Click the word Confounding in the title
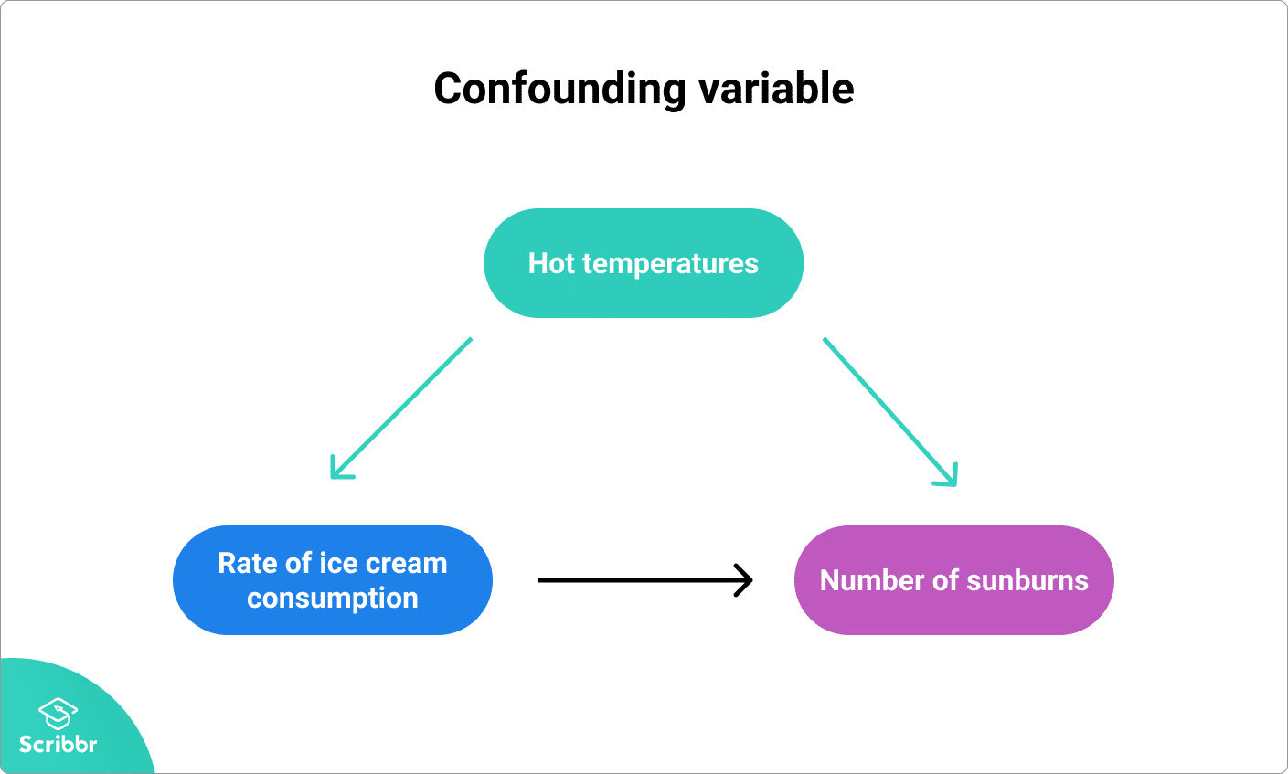click(x=559, y=90)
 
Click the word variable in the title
click(x=776, y=90)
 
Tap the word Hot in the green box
click(x=551, y=264)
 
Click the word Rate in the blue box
click(x=247, y=563)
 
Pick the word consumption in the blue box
click(x=333, y=599)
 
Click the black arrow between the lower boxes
click(x=640, y=579)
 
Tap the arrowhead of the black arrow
click(x=746, y=579)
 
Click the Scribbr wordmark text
click(x=58, y=744)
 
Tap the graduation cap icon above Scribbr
click(x=58, y=713)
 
